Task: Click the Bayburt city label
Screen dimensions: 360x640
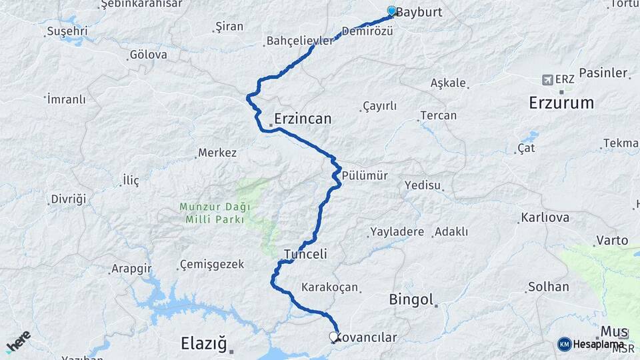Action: tap(419, 11)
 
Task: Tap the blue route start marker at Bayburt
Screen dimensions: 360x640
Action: tap(391, 11)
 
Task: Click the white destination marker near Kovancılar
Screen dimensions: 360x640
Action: tap(334, 337)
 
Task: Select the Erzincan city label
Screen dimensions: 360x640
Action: tap(303, 119)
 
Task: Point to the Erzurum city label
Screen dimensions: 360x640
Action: tap(561, 103)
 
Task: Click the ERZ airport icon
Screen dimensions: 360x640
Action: tap(548, 79)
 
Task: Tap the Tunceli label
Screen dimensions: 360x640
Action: tap(305, 254)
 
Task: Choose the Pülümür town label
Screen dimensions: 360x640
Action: tap(365, 175)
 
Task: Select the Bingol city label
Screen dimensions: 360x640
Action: tap(411, 299)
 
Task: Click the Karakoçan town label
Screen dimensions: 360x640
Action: tap(330, 287)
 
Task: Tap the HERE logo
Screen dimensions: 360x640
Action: tap(18, 341)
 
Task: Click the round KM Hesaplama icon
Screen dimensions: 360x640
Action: tap(565, 344)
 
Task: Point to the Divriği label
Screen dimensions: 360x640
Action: tap(69, 199)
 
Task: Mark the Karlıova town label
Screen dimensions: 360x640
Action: tap(545, 218)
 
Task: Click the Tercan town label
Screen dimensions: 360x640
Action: tap(439, 115)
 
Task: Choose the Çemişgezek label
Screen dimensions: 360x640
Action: tap(213, 265)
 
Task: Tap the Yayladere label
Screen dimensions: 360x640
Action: tap(397, 232)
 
